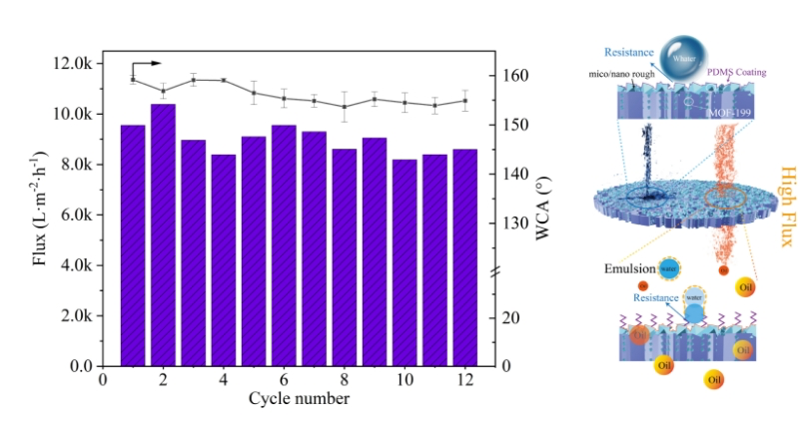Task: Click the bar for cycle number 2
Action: click(163, 234)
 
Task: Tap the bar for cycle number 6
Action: click(284, 244)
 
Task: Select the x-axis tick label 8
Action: click(345, 380)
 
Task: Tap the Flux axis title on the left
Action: click(41, 214)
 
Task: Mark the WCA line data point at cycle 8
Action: click(345, 107)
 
